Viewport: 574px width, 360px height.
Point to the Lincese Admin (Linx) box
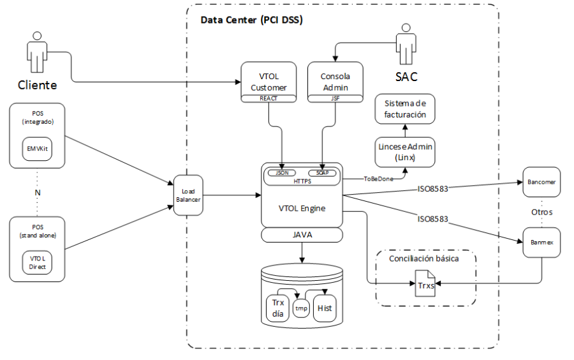(x=405, y=151)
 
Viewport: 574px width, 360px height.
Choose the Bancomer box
(x=541, y=182)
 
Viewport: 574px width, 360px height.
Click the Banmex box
(x=541, y=243)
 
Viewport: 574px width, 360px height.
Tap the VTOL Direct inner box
(x=37, y=262)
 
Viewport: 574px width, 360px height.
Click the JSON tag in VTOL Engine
(x=281, y=172)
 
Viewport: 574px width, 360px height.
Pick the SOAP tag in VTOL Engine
(x=323, y=172)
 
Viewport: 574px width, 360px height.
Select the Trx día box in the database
(x=277, y=308)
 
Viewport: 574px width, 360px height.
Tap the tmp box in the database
(x=301, y=308)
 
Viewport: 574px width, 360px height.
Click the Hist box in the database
(x=325, y=308)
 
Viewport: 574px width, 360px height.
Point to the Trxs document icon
(x=425, y=281)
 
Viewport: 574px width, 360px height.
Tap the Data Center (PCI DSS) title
(x=252, y=20)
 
